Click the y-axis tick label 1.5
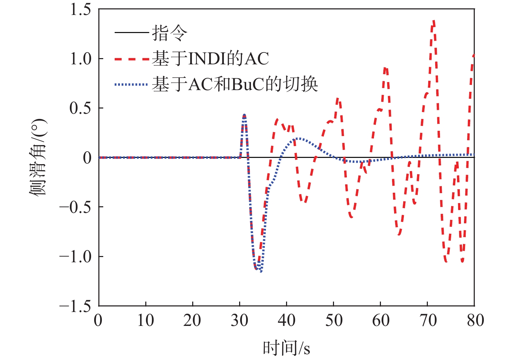[80, 9]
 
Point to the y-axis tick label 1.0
[80, 59]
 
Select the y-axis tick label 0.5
[80, 108]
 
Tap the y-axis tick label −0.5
[75, 207]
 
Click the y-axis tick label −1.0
[75, 257]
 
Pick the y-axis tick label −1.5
[75, 306]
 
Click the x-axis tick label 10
[146, 320]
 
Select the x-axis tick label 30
[239, 320]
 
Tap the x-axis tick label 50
[334, 320]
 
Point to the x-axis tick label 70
[428, 320]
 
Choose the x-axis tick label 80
[475, 320]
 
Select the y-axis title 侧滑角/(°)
[38, 157]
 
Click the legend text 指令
[170, 33]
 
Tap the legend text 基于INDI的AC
[211, 59]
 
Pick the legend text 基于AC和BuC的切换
[235, 84]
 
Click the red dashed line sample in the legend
[132, 59]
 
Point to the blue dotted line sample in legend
[132, 84]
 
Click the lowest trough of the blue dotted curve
[261, 271]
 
